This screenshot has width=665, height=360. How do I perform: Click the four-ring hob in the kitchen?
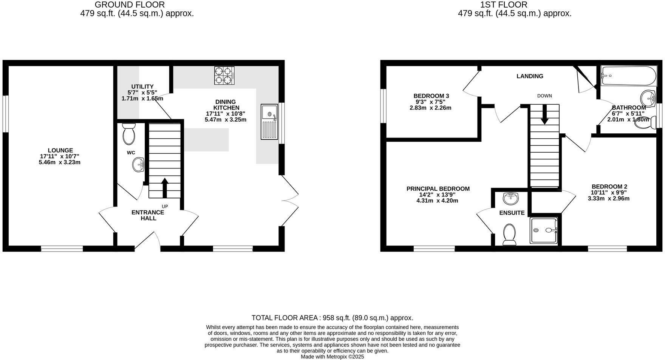pyautogui.click(x=224, y=76)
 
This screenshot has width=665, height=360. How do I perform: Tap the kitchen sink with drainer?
pyautogui.click(x=269, y=122)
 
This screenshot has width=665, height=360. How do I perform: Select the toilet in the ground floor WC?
pyautogui.click(x=129, y=135)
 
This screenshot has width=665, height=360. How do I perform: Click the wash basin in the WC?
pyautogui.click(x=138, y=165)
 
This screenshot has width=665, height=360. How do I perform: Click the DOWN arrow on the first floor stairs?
pyautogui.click(x=544, y=114)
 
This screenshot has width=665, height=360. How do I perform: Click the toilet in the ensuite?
pyautogui.click(x=509, y=235)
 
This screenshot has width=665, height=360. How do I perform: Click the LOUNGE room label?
pyautogui.click(x=60, y=150)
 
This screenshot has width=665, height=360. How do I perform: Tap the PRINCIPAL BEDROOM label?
pyautogui.click(x=438, y=189)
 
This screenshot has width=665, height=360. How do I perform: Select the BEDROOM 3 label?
pyautogui.click(x=431, y=96)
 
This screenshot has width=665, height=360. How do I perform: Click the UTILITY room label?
pyautogui.click(x=142, y=87)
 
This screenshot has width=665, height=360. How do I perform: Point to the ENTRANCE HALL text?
pyautogui.click(x=148, y=215)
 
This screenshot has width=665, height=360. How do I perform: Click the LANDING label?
pyautogui.click(x=530, y=76)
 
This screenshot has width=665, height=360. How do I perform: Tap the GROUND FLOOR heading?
pyautogui.click(x=130, y=5)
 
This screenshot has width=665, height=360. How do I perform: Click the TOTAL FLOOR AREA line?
pyautogui.click(x=332, y=318)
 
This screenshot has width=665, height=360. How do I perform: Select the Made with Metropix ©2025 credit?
pyautogui.click(x=332, y=357)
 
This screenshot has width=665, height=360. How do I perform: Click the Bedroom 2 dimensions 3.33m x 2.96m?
pyautogui.click(x=608, y=198)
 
